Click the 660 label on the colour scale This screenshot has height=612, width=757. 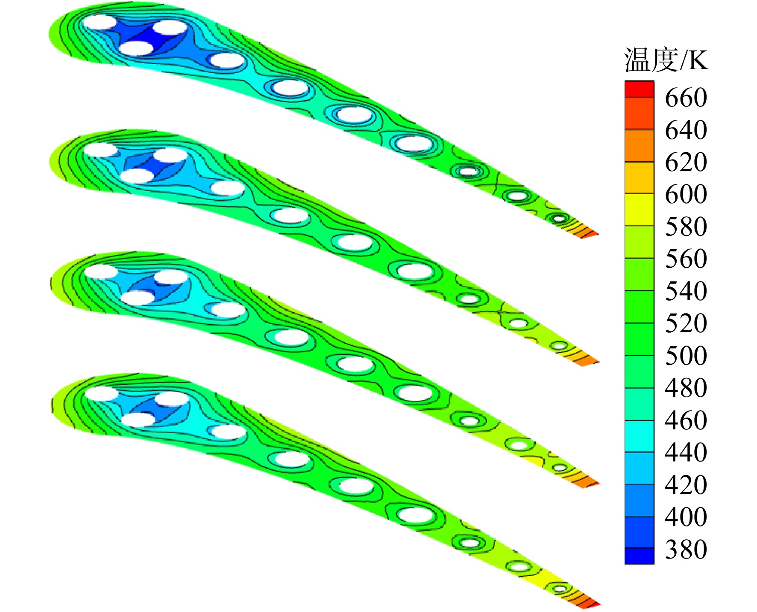point(686,98)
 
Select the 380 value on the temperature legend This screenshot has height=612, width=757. point(686,549)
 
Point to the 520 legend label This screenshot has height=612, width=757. point(686,323)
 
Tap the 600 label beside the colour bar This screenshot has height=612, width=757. point(686,194)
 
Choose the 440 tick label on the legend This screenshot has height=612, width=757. point(686,452)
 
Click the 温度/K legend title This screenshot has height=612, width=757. point(666,60)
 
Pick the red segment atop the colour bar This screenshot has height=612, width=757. point(640,89)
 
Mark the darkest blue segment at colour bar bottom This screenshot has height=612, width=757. point(640,556)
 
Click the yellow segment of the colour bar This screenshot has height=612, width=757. point(640,210)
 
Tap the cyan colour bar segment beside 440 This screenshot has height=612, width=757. point(640,436)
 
